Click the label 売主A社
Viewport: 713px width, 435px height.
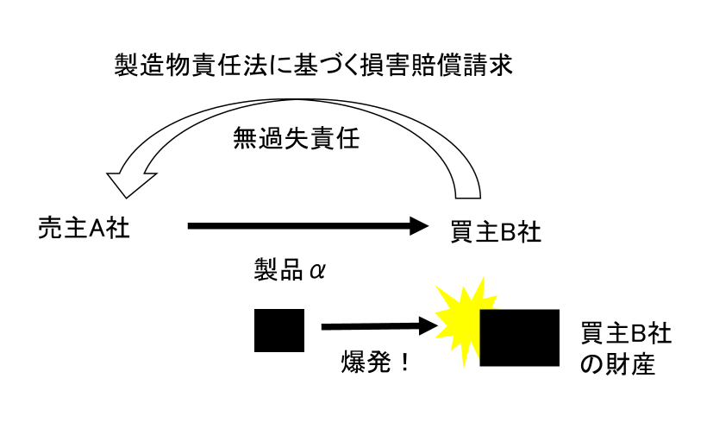(84, 227)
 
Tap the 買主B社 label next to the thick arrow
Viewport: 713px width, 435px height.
(496, 231)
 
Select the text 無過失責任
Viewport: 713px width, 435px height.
(296, 138)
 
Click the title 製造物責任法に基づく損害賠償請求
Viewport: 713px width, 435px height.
(313, 65)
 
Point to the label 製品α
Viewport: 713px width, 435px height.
(290, 270)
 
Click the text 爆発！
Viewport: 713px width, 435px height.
(376, 362)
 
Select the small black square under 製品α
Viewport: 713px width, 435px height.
(279, 331)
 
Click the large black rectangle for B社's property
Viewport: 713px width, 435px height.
(519, 337)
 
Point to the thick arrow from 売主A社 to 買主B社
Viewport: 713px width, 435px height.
(308, 226)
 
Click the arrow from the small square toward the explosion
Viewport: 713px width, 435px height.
(379, 326)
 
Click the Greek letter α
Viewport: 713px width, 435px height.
(317, 271)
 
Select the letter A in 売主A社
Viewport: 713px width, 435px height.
(97, 228)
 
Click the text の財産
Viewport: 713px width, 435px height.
(617, 364)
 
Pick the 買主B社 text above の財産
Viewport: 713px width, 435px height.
(626, 332)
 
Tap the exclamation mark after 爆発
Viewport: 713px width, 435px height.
(404, 362)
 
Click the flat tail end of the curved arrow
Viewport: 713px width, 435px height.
(468, 198)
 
